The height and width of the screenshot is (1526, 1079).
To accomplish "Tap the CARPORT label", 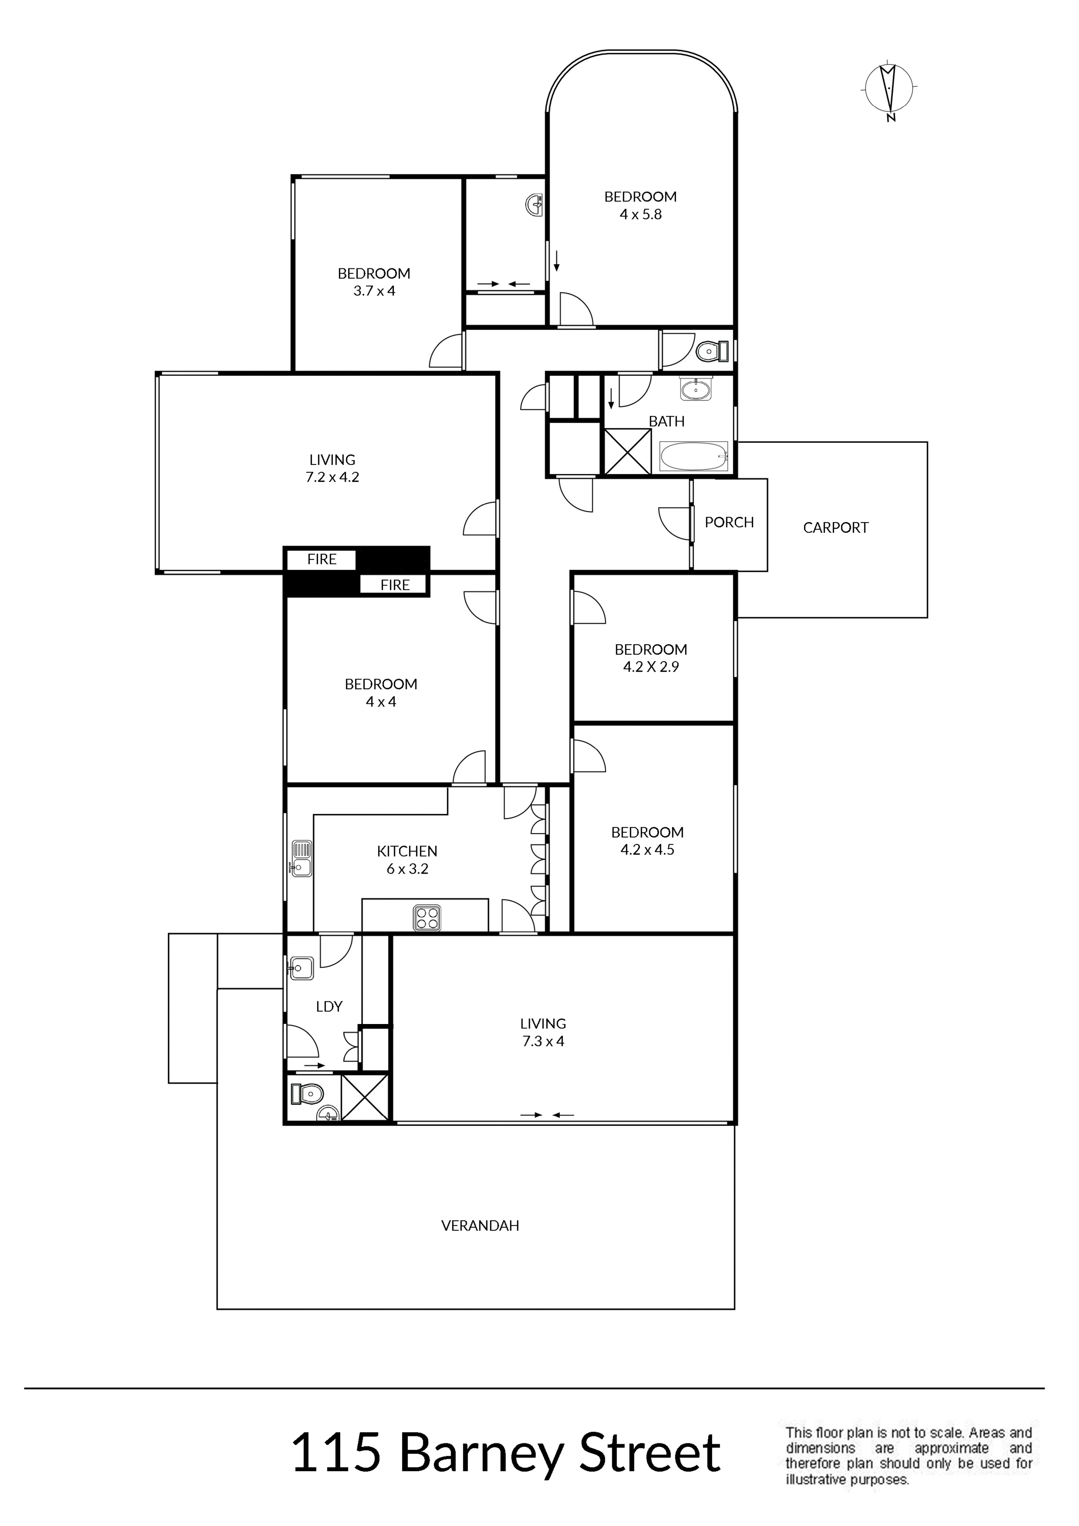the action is point(836,528).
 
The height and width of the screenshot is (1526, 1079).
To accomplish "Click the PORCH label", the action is point(729,522).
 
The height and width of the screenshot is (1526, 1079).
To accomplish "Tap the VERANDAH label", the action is point(480,1225).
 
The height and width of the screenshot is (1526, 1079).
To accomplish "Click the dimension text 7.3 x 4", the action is point(543,1041).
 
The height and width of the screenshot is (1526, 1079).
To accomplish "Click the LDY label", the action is point(329,1006).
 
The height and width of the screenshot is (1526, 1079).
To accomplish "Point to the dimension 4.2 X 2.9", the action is point(651,666).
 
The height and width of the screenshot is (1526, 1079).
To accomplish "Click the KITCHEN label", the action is point(407,851).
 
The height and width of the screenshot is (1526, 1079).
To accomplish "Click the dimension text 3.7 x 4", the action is point(374,291).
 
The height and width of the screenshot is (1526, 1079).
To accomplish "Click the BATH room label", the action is point(667,422).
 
